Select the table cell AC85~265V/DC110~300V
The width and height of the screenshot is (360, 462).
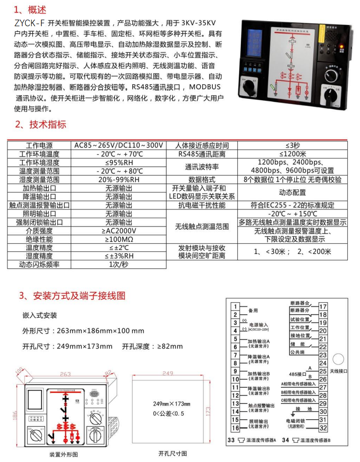[x=119, y=145]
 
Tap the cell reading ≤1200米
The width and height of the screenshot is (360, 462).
[x=292, y=154]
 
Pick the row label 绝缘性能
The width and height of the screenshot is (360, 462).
[x=39, y=239]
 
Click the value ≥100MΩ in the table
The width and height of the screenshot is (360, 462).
[x=119, y=239]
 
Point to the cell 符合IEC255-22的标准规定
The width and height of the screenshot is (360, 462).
[x=292, y=205]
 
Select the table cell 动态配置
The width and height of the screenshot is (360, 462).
[x=292, y=192]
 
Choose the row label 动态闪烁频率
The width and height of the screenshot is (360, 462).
[x=39, y=265]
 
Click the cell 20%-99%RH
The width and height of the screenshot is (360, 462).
[x=119, y=179]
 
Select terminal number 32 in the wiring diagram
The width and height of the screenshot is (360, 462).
[x=323, y=428]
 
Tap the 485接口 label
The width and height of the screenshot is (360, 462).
[x=298, y=374]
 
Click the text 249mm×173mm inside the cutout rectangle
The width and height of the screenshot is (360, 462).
[x=172, y=403]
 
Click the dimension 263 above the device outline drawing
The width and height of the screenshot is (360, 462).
[x=66, y=374]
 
